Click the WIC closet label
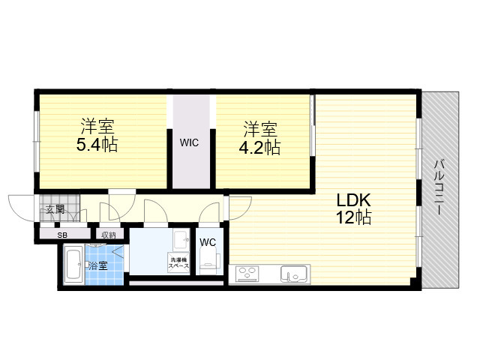point(189,142)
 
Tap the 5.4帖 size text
point(97,145)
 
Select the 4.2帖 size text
point(259,148)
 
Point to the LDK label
point(353,200)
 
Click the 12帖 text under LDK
point(353,217)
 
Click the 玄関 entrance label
point(55,210)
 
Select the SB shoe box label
point(62,235)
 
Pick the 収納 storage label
point(109,235)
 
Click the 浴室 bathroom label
point(98,265)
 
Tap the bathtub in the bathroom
point(73,265)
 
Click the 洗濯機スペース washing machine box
point(178,263)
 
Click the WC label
point(208,242)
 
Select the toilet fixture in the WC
point(210,260)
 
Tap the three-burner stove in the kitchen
point(247,274)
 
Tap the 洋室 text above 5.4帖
point(97,126)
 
